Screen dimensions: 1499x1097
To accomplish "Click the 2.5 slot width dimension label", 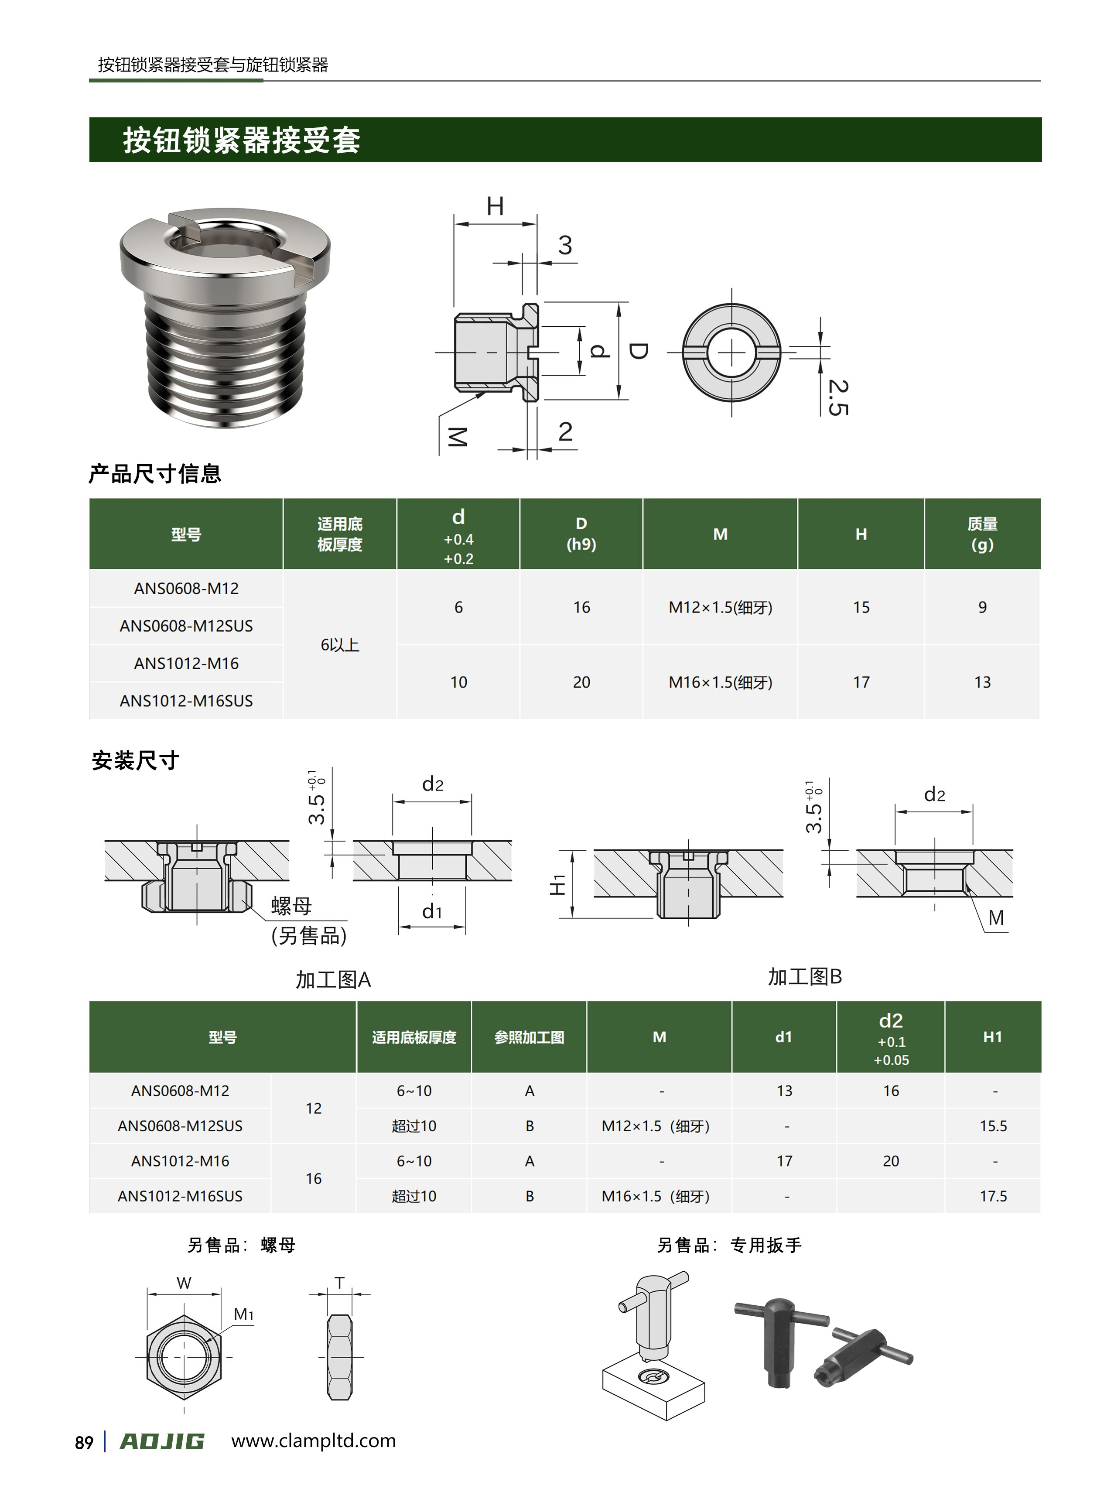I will (x=838, y=397).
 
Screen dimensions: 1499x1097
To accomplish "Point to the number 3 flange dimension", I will (x=565, y=246).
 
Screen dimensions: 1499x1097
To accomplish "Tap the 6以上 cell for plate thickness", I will (x=339, y=645).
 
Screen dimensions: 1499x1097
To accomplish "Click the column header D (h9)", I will (x=581, y=534).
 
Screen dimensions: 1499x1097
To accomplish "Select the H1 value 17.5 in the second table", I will (x=993, y=1196).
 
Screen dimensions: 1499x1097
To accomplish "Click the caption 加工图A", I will (x=333, y=980).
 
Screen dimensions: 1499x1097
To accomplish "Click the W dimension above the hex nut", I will (x=184, y=1283).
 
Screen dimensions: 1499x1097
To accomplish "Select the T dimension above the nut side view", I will (x=339, y=1283).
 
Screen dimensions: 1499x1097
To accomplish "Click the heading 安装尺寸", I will (x=136, y=760).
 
